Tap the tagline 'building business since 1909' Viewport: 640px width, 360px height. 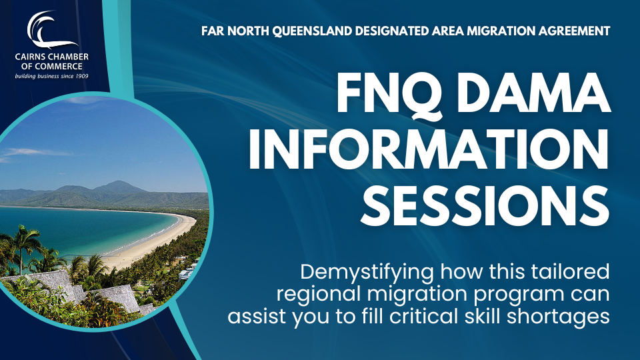coord(51,76)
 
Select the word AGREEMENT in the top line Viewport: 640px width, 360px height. coord(573,31)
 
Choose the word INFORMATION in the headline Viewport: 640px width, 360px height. coord(429,150)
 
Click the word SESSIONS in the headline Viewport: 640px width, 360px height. coord(485,206)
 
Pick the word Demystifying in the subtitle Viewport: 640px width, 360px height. coord(367,273)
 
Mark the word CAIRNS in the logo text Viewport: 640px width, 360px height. coord(29,57)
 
